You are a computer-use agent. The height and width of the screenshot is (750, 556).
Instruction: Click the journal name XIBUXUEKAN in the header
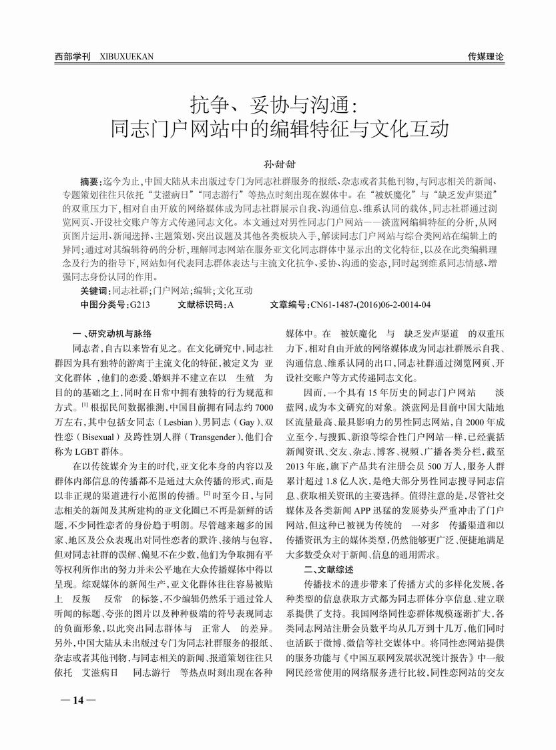pyautogui.click(x=126, y=57)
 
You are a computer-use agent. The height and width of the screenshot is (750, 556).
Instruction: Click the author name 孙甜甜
pyautogui.click(x=277, y=162)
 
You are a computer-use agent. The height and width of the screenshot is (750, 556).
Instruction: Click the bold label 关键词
pyautogui.click(x=94, y=291)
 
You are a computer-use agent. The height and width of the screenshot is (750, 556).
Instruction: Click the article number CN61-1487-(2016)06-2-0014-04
pyautogui.click(x=370, y=305)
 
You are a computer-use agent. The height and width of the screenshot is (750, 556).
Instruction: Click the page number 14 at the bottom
pyautogui.click(x=77, y=700)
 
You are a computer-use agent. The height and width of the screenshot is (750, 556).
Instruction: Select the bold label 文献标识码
pyautogui.click(x=202, y=305)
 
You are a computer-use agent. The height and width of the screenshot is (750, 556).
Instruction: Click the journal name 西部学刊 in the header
pyautogui.click(x=73, y=57)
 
